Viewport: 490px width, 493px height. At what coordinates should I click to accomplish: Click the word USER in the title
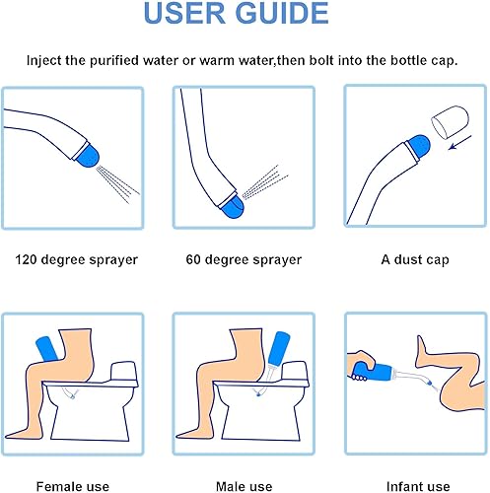(185, 13)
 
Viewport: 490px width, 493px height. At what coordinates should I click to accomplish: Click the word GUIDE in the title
(282, 13)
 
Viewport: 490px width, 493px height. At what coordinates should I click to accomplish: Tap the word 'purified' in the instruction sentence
(114, 61)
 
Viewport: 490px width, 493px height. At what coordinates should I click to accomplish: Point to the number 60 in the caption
(193, 259)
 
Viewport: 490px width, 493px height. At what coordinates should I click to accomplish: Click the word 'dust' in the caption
(408, 259)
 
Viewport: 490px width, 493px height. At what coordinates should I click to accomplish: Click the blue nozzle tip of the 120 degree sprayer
(87, 156)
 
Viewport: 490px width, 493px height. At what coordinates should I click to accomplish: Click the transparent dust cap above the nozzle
(450, 121)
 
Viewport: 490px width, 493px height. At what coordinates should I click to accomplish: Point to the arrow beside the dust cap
(460, 142)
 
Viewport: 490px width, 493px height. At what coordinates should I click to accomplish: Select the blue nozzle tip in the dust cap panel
(418, 146)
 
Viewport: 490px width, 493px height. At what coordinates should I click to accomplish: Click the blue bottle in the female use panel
(47, 348)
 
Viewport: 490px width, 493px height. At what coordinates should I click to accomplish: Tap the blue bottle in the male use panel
(279, 348)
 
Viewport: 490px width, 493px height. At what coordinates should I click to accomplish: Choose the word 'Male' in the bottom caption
(230, 486)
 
